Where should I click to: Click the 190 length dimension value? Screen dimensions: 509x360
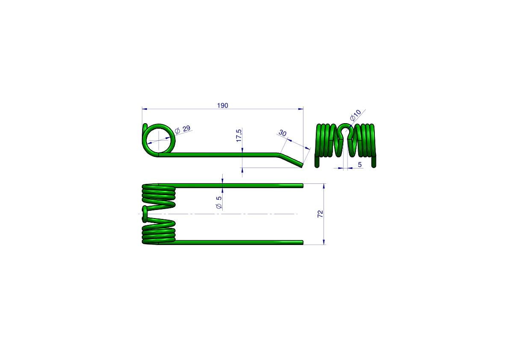(x=222, y=106)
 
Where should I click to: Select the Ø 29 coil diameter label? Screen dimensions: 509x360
(x=182, y=130)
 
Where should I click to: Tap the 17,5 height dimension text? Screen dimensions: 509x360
(x=239, y=136)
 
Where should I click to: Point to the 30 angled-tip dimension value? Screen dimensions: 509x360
(x=282, y=133)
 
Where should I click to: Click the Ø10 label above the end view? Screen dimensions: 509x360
(x=356, y=115)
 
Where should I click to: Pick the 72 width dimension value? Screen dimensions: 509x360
(x=321, y=214)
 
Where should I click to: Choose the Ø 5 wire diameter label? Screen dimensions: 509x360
(x=219, y=202)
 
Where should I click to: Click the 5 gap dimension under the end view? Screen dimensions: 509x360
(x=360, y=165)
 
